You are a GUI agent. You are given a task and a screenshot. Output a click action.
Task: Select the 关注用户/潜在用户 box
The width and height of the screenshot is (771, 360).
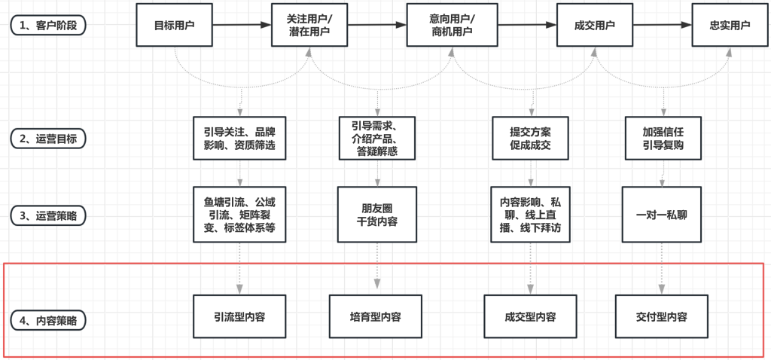pyautogui.click(x=308, y=25)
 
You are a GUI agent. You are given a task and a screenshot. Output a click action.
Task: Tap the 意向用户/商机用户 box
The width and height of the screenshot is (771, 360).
pyautogui.click(x=449, y=25)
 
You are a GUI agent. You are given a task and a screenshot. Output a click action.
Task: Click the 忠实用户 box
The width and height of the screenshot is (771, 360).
pyautogui.click(x=730, y=25)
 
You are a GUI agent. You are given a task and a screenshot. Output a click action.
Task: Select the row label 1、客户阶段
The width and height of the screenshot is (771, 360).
pyautogui.click(x=48, y=25)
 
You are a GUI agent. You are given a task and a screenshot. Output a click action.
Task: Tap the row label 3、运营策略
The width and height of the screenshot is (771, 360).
pyautogui.click(x=48, y=215)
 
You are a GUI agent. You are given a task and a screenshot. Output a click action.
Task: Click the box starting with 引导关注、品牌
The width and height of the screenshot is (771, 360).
pyautogui.click(x=239, y=138)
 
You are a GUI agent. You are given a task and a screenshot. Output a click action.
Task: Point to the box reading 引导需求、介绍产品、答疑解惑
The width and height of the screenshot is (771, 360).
pyautogui.click(x=376, y=138)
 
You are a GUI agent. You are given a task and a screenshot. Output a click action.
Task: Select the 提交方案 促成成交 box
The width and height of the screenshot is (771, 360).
pyautogui.click(x=530, y=138)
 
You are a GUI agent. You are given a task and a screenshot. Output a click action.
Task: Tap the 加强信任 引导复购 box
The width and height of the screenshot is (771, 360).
pyautogui.click(x=663, y=138)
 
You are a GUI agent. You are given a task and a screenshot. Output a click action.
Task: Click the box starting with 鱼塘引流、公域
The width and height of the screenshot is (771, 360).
pyautogui.click(x=239, y=214)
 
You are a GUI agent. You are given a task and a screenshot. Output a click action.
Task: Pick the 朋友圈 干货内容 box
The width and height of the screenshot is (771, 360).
pyautogui.click(x=376, y=214)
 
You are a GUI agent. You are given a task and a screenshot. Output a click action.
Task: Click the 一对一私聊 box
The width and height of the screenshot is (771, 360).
pyautogui.click(x=663, y=214)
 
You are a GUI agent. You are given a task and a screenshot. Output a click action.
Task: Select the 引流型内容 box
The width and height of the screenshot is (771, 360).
pyautogui.click(x=239, y=317)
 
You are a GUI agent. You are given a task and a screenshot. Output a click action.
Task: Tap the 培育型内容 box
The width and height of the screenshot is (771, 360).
pyautogui.click(x=376, y=317)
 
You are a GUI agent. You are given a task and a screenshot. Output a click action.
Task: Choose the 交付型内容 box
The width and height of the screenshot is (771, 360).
pyautogui.click(x=662, y=317)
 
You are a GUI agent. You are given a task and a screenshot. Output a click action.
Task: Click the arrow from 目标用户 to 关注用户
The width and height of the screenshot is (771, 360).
pyautogui.click(x=241, y=25)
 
